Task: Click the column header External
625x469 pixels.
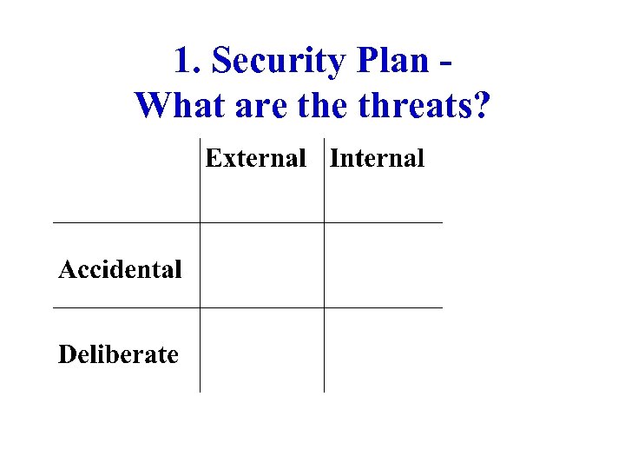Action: pyautogui.click(x=255, y=158)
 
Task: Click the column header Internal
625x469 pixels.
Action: pyautogui.click(x=377, y=158)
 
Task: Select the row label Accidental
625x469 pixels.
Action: pyautogui.click(x=120, y=269)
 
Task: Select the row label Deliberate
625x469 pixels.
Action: pyautogui.click(x=118, y=354)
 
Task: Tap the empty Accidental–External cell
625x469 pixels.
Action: pyautogui.click(x=261, y=265)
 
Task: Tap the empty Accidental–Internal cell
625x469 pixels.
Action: pyautogui.click(x=383, y=265)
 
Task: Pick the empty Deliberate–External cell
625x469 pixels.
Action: pyautogui.click(x=261, y=350)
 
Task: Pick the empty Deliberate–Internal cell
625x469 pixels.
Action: pyautogui.click(x=383, y=350)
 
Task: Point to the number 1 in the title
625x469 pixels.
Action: pyautogui.click(x=182, y=62)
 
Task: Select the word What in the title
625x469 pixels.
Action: pyautogui.click(x=174, y=106)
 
